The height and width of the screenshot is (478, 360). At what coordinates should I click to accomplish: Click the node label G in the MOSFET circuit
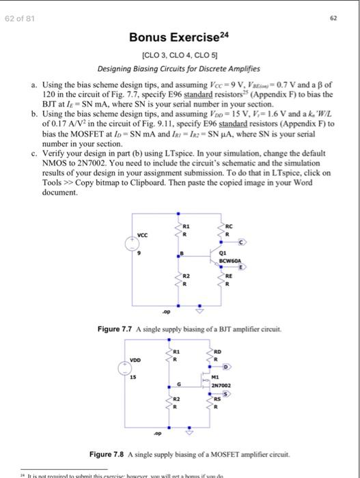click(x=180, y=382)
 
